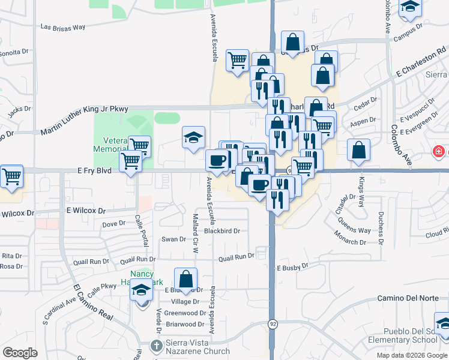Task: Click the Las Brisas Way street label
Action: pyautogui.click(x=62, y=27)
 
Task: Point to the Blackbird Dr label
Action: pyautogui.click(x=221, y=231)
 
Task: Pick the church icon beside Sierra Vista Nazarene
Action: pyautogui.click(x=156, y=346)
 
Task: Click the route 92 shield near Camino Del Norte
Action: pyautogui.click(x=273, y=324)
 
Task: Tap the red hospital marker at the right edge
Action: pyautogui.click(x=439, y=152)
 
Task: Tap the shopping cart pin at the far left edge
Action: pyautogui.click(x=11, y=176)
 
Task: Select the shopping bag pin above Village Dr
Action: pyautogui.click(x=185, y=279)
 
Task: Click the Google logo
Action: pyautogui.click(x=20, y=353)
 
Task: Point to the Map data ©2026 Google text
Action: pyautogui.click(x=412, y=355)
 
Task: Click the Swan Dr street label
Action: pyautogui.click(x=174, y=239)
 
